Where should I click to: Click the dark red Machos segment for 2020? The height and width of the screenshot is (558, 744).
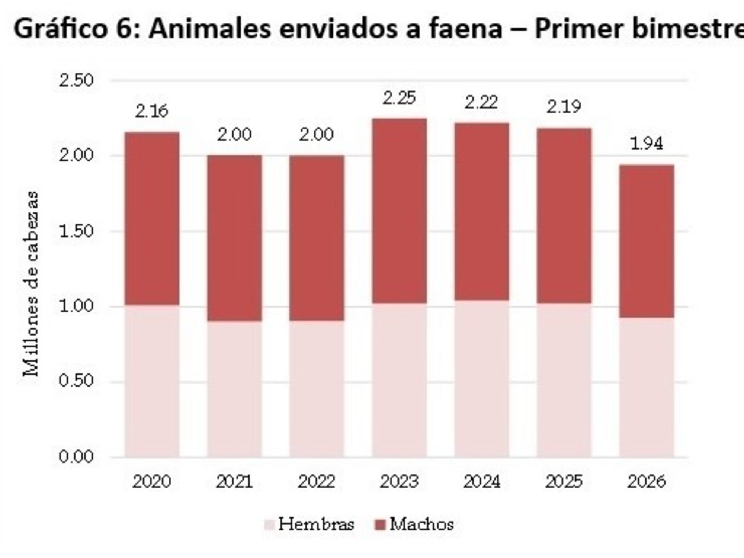(x=152, y=218)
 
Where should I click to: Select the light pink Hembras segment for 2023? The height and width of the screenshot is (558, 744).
(x=399, y=379)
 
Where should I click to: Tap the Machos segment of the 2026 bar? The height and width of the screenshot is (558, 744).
(x=647, y=241)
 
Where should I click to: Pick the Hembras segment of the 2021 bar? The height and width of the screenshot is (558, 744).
(x=234, y=389)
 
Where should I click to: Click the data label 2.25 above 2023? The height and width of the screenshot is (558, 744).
(x=399, y=98)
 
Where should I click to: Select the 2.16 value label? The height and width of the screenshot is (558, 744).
(x=152, y=111)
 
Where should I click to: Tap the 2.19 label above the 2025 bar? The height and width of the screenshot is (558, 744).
(x=564, y=107)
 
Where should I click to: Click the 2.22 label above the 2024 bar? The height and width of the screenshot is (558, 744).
(x=481, y=103)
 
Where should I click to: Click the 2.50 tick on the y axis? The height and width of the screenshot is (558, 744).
(x=76, y=81)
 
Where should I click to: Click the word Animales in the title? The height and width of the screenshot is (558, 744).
(x=209, y=29)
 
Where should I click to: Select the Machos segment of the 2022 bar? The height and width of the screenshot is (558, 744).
(x=317, y=238)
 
